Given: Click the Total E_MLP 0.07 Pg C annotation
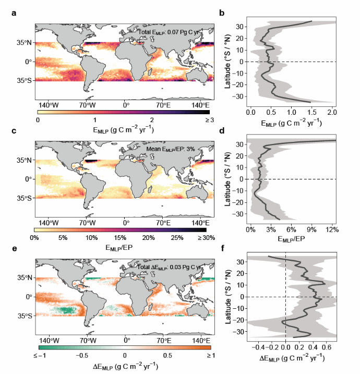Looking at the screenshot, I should [x=174, y=32].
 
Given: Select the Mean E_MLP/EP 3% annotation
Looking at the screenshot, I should [x=173, y=149].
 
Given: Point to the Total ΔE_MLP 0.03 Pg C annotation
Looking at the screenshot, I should [x=174, y=267].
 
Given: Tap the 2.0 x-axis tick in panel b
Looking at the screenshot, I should [x=331, y=112].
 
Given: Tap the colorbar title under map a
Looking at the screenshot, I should [x=123, y=130].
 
